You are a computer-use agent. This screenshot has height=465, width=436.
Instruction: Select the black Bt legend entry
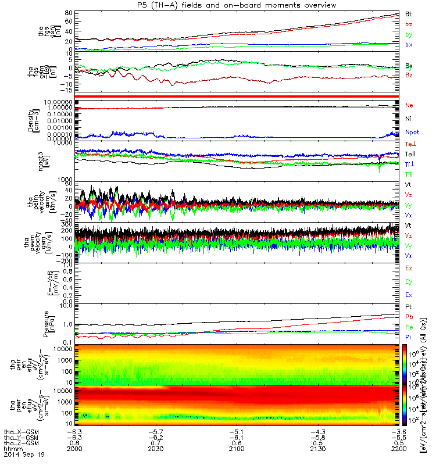[x=409, y=13]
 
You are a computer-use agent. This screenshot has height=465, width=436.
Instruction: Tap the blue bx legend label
[x=409, y=45]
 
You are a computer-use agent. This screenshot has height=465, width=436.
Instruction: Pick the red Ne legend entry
[x=409, y=105]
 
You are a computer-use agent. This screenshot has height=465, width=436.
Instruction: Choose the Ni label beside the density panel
[x=409, y=119]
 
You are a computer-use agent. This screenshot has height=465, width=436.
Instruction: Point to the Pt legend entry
[x=409, y=306]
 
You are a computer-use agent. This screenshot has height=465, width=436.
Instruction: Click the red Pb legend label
[x=409, y=317]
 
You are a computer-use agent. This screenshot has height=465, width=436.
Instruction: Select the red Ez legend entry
[x=409, y=268]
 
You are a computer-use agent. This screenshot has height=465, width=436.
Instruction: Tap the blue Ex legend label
[x=409, y=296]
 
